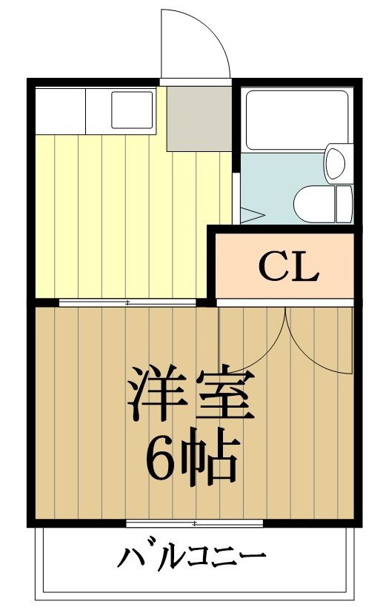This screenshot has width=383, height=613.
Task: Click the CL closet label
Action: tap(288, 268)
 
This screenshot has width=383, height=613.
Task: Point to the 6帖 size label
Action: tap(191, 457)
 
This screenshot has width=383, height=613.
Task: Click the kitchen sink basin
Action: tap(133, 109)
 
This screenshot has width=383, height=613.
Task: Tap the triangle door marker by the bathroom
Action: tap(250, 216)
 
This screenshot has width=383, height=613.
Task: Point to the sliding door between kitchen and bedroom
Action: tap(127, 302)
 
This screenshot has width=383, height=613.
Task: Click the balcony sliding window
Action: tap(194, 523)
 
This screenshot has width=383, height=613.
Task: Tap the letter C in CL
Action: tap(272, 268)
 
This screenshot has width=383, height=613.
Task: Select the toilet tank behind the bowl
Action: tap(343, 202)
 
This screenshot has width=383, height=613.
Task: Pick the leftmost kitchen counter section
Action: tap(60, 110)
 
